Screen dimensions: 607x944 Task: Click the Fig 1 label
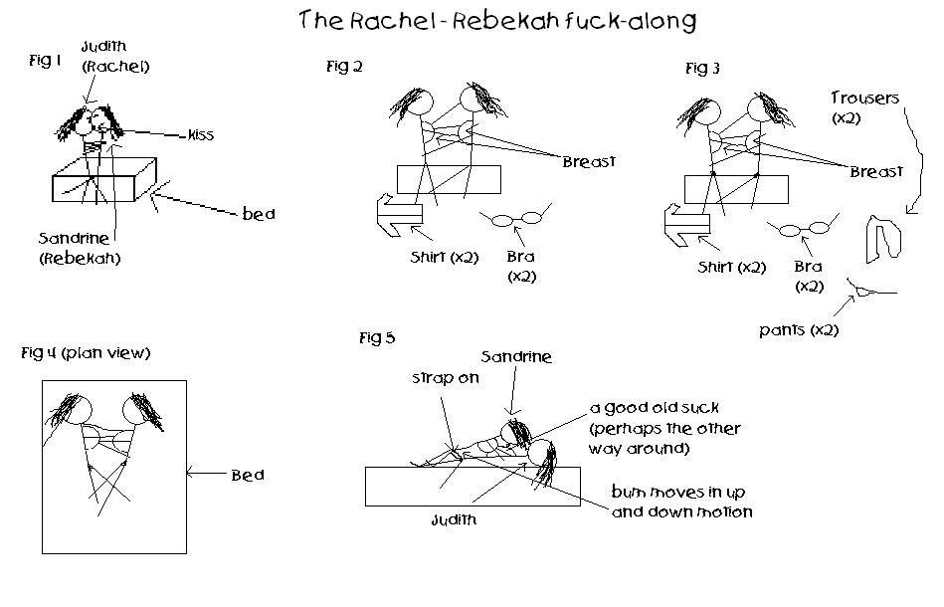click(46, 61)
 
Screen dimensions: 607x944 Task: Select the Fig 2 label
click(338, 67)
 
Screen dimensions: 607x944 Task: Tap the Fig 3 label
click(702, 69)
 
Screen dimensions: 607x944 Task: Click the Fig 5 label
click(377, 338)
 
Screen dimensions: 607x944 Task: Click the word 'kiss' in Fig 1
click(200, 134)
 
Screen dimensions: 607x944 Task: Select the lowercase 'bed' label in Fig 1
click(259, 214)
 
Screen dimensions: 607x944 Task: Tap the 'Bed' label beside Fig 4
click(248, 475)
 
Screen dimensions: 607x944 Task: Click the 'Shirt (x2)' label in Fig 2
click(445, 257)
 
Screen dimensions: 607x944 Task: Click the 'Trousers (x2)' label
click(864, 107)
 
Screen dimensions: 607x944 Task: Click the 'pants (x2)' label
click(798, 329)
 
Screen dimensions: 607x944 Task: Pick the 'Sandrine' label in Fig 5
click(515, 356)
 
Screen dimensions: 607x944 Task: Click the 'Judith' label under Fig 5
click(456, 519)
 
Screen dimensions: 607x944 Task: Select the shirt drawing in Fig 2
click(400, 213)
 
